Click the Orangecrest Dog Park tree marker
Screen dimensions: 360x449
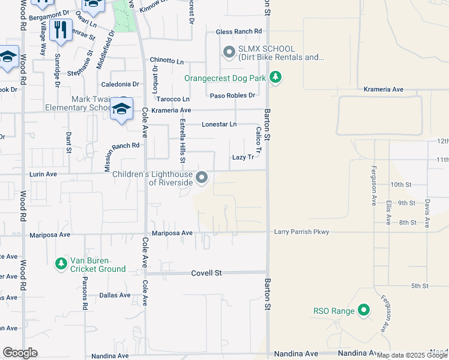tap(276, 77)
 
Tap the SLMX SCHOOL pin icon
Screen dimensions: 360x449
tap(228, 53)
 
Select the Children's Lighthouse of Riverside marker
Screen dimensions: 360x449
tap(202, 177)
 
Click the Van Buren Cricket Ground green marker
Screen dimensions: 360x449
tap(61, 263)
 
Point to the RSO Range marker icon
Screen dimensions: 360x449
tap(363, 310)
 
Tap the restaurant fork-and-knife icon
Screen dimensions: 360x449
tap(60, 30)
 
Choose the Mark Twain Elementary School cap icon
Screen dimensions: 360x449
tap(122, 110)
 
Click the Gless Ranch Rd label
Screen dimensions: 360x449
tap(239, 31)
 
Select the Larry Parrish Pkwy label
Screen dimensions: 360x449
tap(301, 232)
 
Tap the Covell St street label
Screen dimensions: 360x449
tap(206, 273)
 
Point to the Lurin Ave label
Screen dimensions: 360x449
tap(43, 174)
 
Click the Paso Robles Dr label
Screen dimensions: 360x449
tap(232, 95)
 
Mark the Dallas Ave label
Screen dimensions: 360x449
tap(115, 295)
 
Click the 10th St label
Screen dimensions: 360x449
tap(400, 185)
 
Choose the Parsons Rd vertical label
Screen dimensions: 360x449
tap(85, 296)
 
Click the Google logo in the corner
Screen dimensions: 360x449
tap(20, 353)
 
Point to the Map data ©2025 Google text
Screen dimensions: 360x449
tap(411, 355)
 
